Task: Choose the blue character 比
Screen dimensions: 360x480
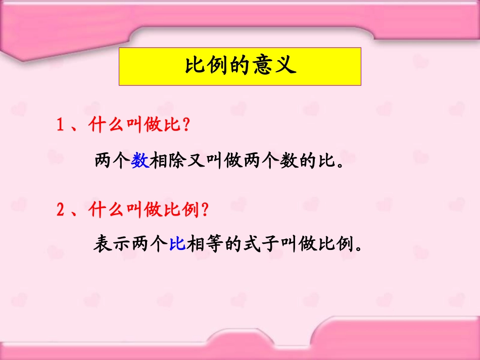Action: (x=176, y=244)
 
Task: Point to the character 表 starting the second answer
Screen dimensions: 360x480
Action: (x=103, y=244)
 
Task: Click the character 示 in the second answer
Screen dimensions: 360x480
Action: (x=121, y=244)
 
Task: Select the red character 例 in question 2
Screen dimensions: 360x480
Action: (x=190, y=210)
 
